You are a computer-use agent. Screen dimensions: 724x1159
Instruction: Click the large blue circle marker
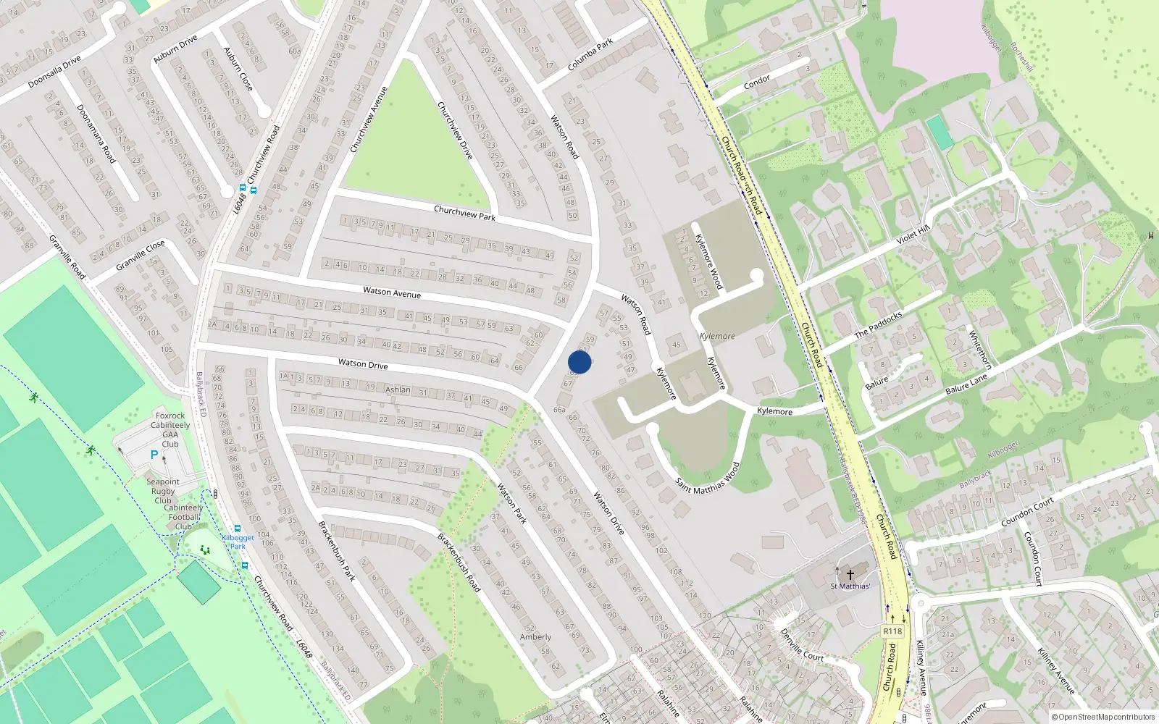coord(579,362)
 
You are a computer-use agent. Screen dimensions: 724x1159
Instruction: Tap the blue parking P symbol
coord(154,455)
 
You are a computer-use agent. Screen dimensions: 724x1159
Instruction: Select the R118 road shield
coord(892,631)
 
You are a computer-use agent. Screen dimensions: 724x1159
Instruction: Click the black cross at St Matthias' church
coord(850,574)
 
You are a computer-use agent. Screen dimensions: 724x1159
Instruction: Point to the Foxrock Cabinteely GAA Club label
coord(170,430)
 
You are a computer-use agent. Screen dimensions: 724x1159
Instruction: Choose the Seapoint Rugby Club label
coord(163,491)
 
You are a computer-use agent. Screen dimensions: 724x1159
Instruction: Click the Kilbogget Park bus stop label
coord(238,542)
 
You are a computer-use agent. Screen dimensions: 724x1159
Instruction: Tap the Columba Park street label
coord(590,55)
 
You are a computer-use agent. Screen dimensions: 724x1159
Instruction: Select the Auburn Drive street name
coord(175,49)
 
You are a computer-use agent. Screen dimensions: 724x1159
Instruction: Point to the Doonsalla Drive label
coord(54,72)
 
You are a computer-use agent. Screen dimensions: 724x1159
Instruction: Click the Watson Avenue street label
coord(392,292)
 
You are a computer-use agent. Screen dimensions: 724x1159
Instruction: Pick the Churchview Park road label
coord(464,213)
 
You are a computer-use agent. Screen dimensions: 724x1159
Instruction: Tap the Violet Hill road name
coord(913,235)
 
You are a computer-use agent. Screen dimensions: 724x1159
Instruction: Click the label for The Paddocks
coord(878,325)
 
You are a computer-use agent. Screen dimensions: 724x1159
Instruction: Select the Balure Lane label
coord(966,384)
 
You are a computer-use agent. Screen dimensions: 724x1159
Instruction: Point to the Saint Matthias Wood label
coord(708,479)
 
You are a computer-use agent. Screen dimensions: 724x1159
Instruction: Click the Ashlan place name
coord(398,390)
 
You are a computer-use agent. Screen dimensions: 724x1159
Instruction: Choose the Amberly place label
coord(535,637)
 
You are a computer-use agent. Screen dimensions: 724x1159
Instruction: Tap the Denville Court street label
coord(802,645)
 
